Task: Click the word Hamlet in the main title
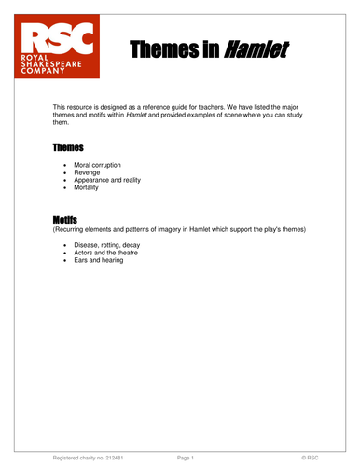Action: [254, 48]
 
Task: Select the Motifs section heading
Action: [65, 218]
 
